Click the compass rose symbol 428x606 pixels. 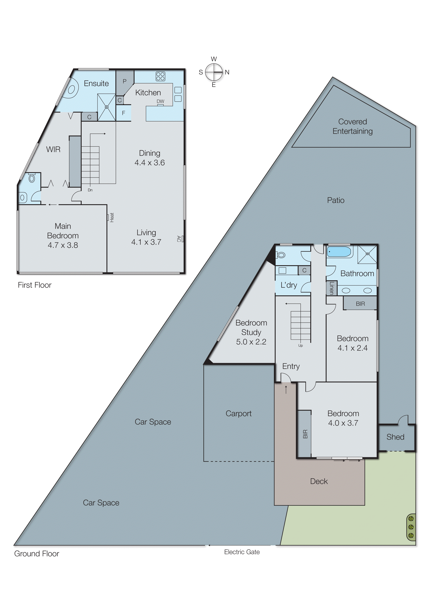(x=214, y=72)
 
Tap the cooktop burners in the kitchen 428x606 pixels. (x=160, y=76)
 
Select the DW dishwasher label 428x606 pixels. (x=160, y=101)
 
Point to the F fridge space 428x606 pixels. (x=123, y=113)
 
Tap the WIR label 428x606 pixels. (x=53, y=149)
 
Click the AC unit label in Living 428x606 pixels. (x=178, y=239)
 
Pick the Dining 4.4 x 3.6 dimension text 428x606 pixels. (x=149, y=163)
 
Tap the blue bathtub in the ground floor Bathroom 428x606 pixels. (x=339, y=252)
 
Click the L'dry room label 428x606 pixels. (x=289, y=285)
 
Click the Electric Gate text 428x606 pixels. (x=242, y=552)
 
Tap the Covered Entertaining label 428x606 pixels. (x=353, y=126)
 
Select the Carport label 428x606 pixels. (x=238, y=413)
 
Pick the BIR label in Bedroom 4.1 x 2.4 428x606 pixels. (x=360, y=304)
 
